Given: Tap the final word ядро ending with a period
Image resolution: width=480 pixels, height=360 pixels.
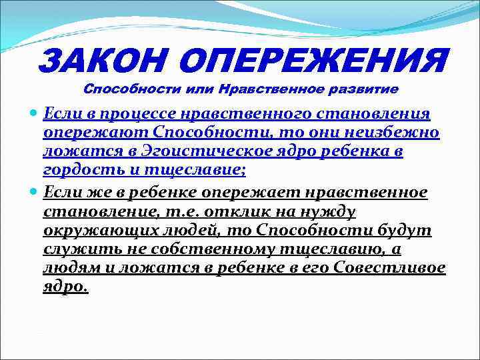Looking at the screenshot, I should pos(65,287).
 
